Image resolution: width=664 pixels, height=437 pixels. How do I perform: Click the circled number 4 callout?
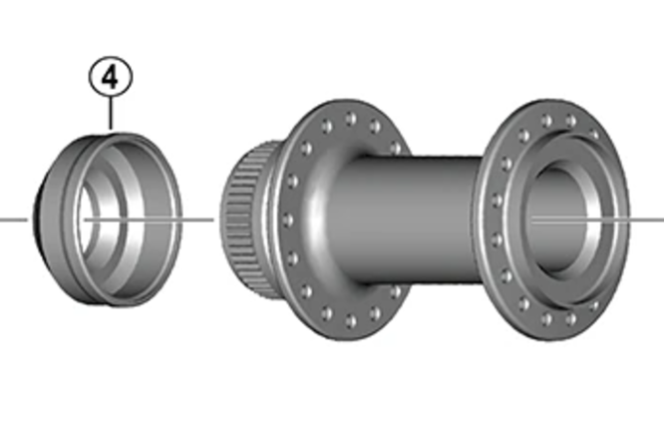(111, 78)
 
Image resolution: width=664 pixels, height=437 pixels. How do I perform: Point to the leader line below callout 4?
(111, 114)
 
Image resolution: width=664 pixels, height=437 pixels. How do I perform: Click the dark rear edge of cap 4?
(37, 220)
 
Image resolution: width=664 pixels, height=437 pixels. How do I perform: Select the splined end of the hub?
(245, 219)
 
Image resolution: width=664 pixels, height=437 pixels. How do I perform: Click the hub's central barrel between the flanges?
(407, 219)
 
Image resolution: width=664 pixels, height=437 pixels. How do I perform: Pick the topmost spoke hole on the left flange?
(350, 119)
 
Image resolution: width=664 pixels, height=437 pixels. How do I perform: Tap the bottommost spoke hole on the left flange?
(351, 321)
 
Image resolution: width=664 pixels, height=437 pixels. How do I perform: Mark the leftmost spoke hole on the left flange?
(288, 219)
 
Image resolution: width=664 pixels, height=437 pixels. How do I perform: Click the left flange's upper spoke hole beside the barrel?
(396, 148)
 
